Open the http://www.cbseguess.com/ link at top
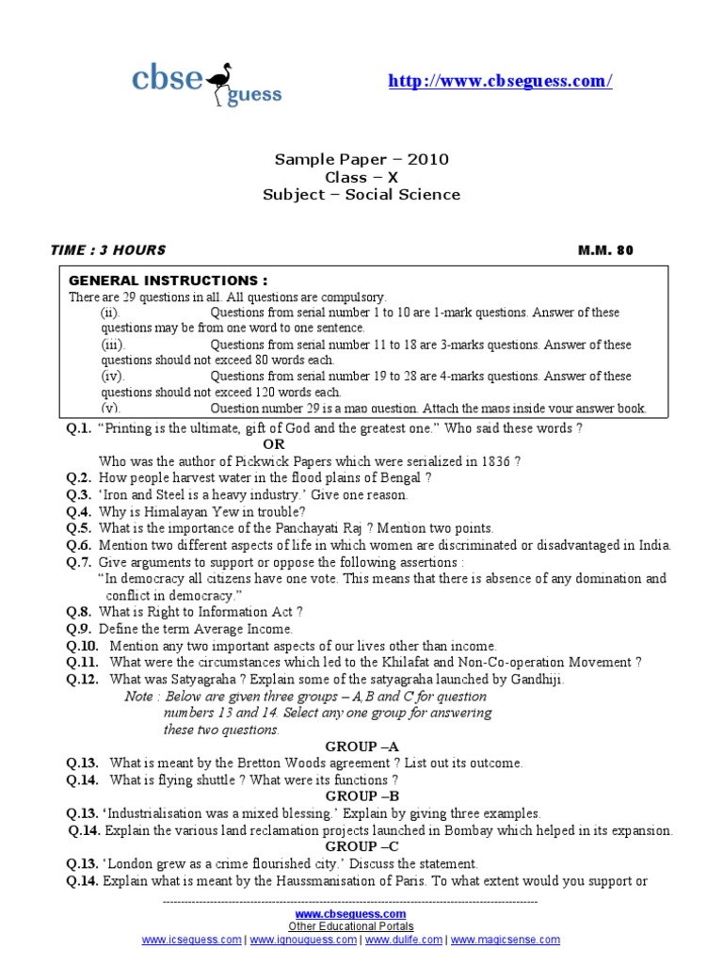click(x=501, y=82)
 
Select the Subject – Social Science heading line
click(x=361, y=195)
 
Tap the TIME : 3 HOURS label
click(x=108, y=250)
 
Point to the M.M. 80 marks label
click(x=606, y=250)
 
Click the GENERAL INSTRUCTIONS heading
click(x=169, y=281)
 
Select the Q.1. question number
click(x=78, y=428)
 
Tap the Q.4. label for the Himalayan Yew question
click(x=78, y=511)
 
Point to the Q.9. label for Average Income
click(x=78, y=628)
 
